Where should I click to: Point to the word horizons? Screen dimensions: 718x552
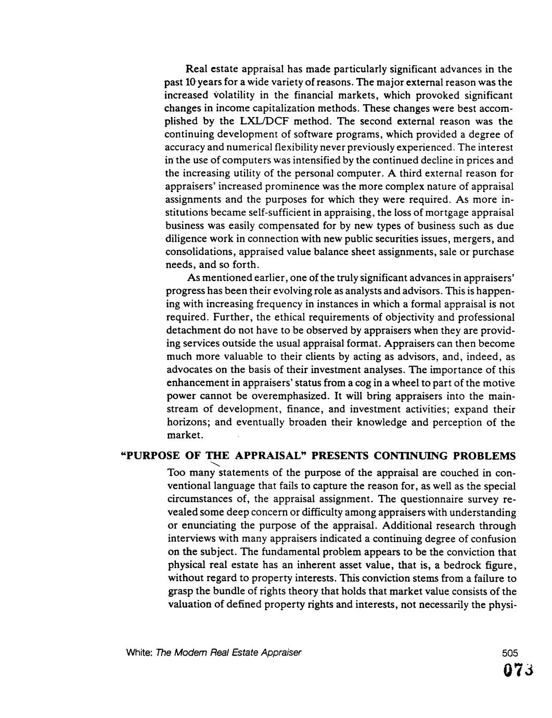187,422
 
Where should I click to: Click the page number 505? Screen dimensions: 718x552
511,652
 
